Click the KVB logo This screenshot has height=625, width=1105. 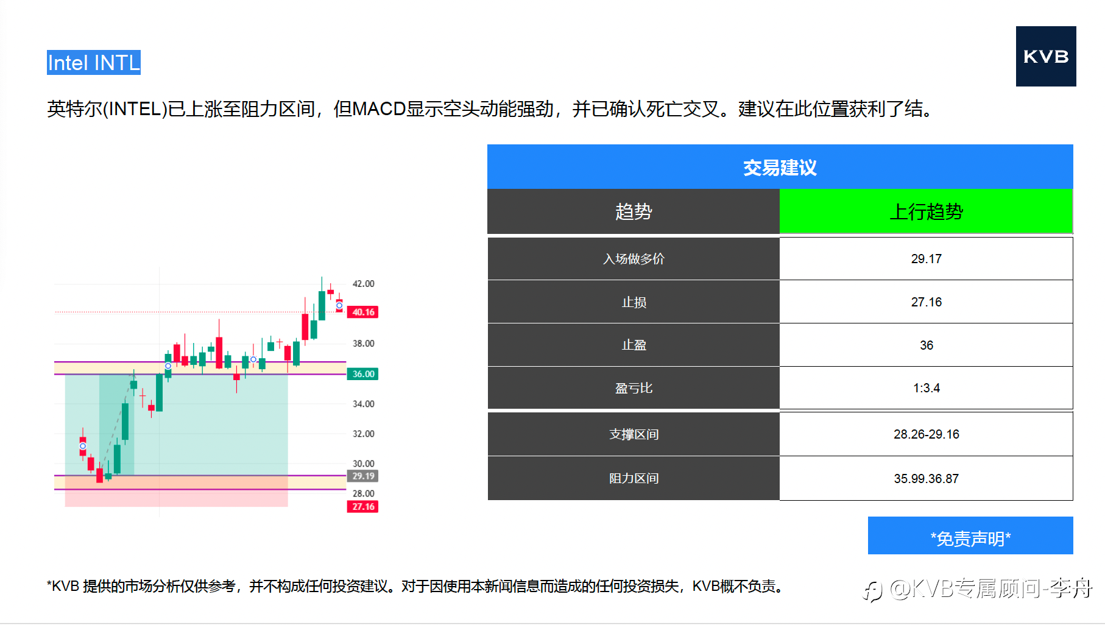pos(1046,56)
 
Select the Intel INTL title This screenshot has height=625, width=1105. pos(94,63)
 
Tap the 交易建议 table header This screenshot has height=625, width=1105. pos(780,167)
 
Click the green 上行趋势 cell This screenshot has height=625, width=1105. pos(926,211)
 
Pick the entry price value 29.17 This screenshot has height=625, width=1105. pos(926,259)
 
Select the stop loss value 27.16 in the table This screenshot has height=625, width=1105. pos(926,302)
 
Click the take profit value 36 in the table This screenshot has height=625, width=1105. pos(926,345)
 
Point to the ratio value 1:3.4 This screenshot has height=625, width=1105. pos(926,388)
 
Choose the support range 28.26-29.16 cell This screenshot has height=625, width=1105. pos(926,434)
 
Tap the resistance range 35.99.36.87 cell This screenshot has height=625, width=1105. pos(926,479)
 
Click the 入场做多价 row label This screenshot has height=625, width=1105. pos(634,259)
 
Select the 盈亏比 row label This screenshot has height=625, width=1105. pos(634,388)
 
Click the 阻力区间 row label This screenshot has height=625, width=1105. pos(634,479)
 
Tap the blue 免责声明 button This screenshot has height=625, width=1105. pos(970,535)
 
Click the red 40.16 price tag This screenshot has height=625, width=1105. pos(362,312)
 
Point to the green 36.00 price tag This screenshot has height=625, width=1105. pos(362,374)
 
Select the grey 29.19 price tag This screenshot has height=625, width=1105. pos(362,476)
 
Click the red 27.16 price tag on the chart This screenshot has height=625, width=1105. pos(362,506)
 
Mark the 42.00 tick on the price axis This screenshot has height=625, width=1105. pos(364,284)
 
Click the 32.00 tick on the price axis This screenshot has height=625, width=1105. pos(364,434)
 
